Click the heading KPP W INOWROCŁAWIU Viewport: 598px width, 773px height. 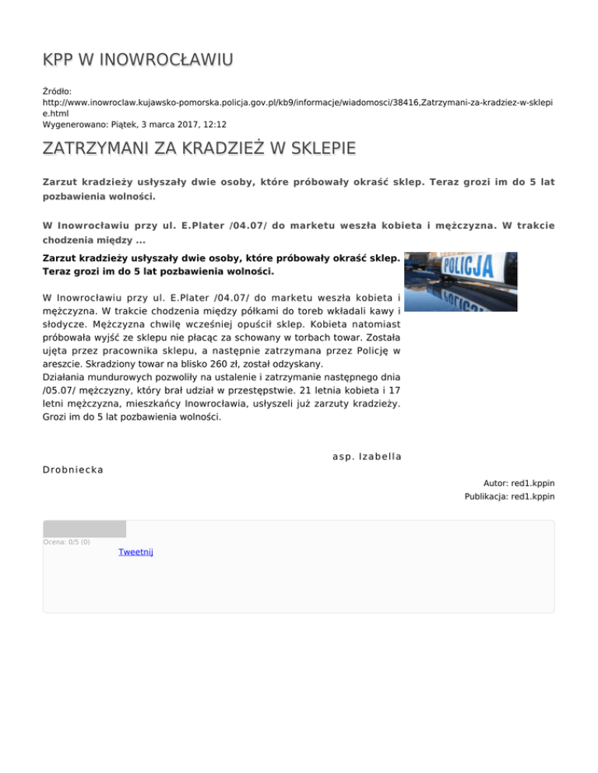click(139, 60)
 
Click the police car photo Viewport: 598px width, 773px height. click(462, 281)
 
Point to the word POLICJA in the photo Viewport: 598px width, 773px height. click(467, 269)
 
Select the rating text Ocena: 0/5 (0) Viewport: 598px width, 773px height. click(66, 542)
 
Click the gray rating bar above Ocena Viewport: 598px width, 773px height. click(84, 529)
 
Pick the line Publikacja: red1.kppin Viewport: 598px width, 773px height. click(509, 496)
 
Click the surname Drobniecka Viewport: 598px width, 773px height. click(74, 470)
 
